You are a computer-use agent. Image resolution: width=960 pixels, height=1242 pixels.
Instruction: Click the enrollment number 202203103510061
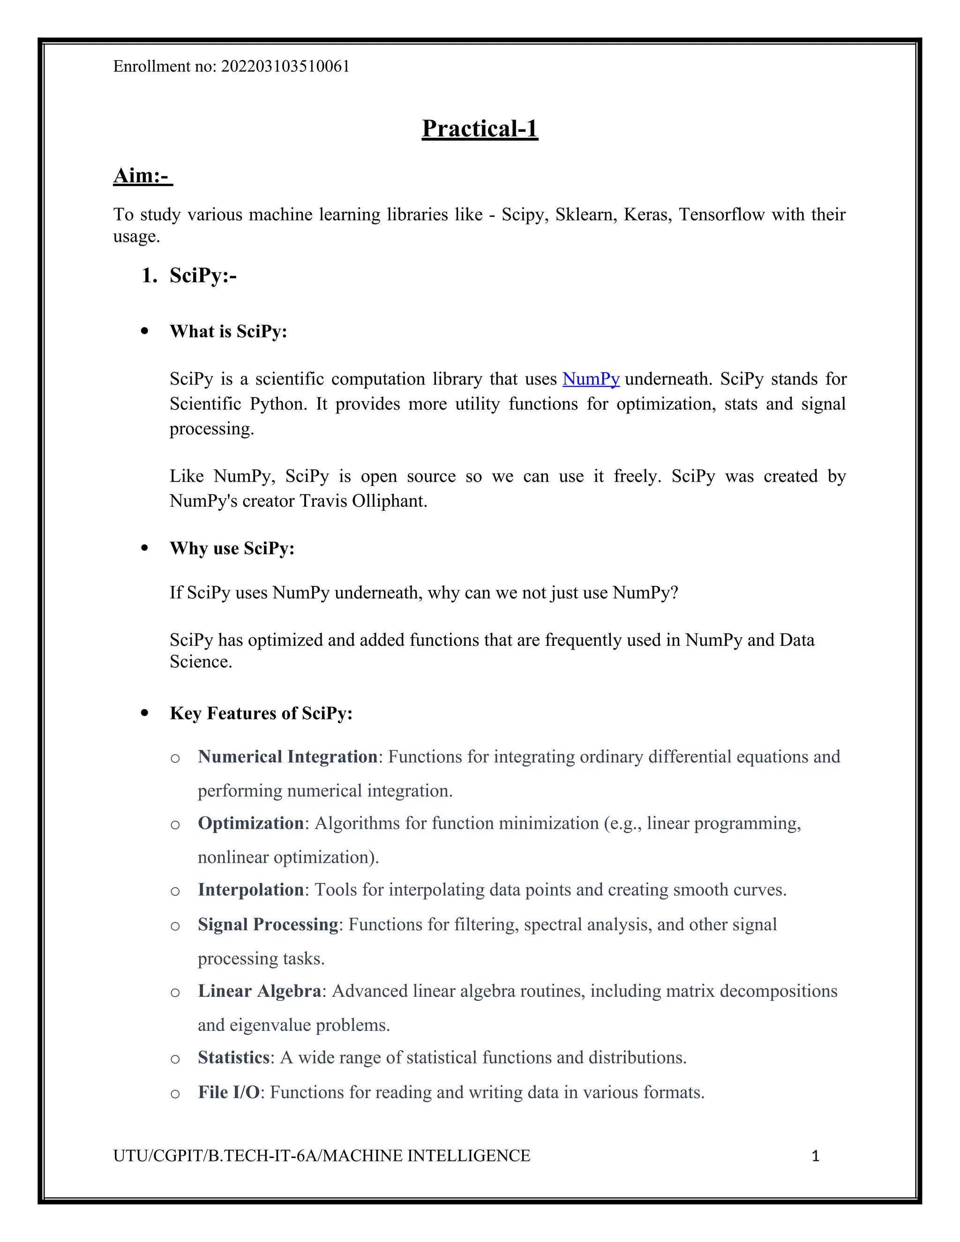[x=285, y=67]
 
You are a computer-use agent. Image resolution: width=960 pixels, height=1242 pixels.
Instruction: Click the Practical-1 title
[x=480, y=128]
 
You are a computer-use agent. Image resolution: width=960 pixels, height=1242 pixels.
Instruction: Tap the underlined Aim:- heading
[x=142, y=176]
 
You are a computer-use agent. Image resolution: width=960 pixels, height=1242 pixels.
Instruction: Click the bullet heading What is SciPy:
[x=228, y=331]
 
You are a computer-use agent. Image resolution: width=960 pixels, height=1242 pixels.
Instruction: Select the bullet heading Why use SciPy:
[x=232, y=548]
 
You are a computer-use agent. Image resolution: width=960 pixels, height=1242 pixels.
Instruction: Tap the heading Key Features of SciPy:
[x=261, y=713]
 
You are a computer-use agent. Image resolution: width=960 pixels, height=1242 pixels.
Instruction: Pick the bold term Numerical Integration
[x=287, y=757]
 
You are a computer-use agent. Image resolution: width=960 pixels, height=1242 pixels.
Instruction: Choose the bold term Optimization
[x=250, y=823]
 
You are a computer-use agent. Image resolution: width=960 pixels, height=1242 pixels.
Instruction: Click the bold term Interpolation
[x=250, y=890]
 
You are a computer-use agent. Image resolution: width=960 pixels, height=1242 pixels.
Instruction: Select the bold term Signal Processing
[x=268, y=925]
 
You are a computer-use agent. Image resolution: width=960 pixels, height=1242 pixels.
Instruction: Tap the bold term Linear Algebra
[x=259, y=991]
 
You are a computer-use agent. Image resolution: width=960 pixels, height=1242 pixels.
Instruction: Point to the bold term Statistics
[x=233, y=1058]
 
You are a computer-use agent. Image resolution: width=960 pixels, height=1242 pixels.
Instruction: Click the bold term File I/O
[x=229, y=1092]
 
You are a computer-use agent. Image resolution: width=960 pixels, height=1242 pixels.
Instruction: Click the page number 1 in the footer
[x=815, y=1156]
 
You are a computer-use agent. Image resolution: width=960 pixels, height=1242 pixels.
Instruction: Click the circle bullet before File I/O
[x=175, y=1093]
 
